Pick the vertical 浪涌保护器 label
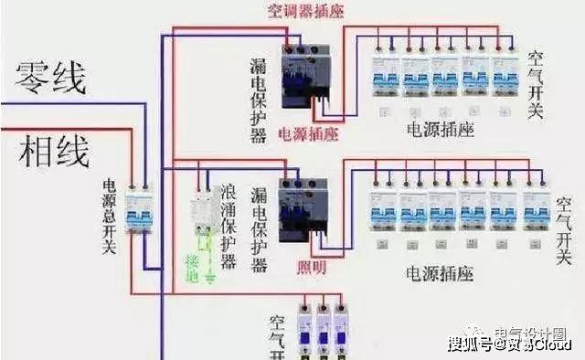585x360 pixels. click(x=229, y=228)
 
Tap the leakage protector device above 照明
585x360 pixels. click(x=302, y=209)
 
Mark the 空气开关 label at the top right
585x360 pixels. click(x=536, y=84)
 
